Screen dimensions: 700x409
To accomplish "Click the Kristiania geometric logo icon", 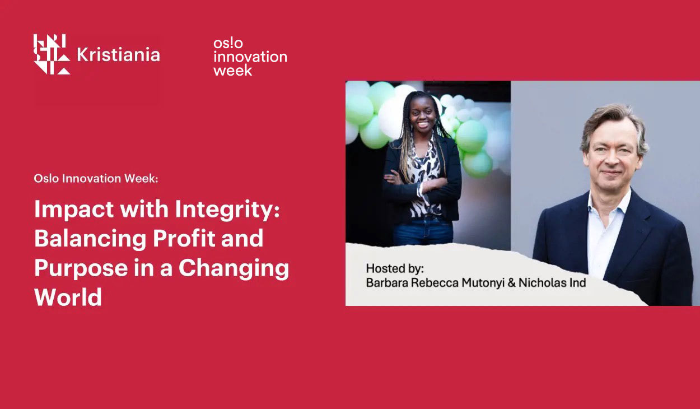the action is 52,54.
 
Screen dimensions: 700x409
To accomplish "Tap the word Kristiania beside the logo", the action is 118,55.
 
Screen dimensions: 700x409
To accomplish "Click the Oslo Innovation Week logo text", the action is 250,57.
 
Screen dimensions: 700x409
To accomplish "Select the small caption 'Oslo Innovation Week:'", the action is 96,178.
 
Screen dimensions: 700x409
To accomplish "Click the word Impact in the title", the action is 74,210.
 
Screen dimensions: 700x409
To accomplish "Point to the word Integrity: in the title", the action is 227,210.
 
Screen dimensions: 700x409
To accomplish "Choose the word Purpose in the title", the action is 81,269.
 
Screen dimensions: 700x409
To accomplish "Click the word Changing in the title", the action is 234,269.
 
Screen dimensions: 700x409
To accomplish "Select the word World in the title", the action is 68,297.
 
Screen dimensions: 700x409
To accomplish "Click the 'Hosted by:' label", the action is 395,268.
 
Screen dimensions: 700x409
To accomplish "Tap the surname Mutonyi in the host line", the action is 483,283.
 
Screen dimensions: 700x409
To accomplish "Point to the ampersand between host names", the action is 512,283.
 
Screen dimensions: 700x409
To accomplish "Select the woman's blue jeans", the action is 423,231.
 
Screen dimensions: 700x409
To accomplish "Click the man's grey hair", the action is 614,125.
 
